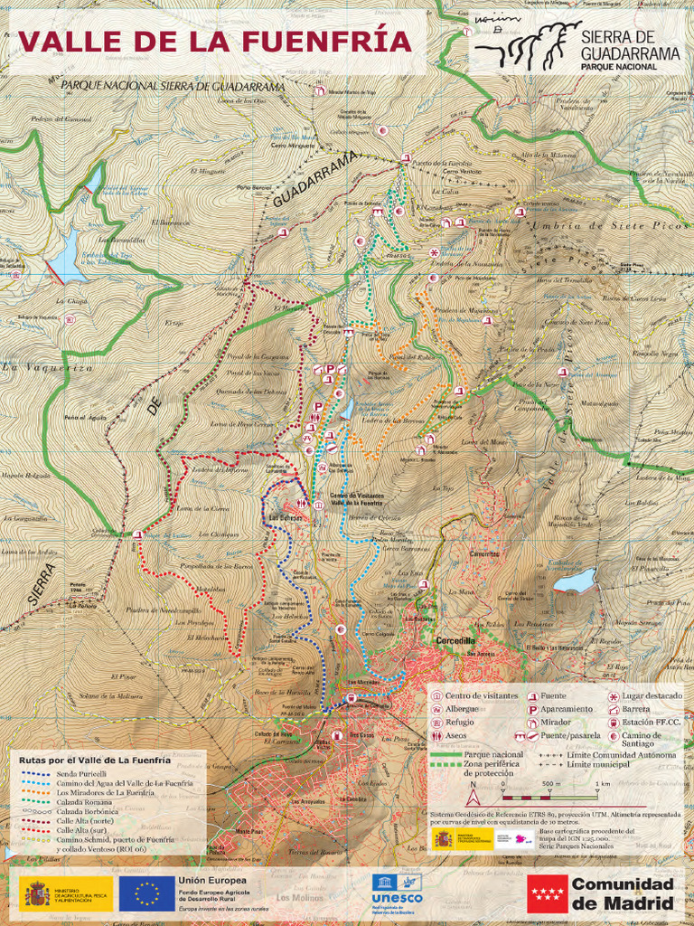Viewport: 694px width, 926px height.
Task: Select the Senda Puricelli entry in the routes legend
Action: click(x=82, y=774)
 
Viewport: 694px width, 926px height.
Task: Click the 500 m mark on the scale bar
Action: click(x=550, y=784)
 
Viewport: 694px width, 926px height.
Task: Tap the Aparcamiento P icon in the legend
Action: click(x=530, y=710)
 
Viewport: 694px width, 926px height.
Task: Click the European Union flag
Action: click(x=146, y=893)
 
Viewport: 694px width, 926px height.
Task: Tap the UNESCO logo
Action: click(x=397, y=892)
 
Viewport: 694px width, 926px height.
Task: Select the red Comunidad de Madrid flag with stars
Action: click(x=547, y=893)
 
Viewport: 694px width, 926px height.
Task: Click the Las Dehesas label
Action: click(x=285, y=518)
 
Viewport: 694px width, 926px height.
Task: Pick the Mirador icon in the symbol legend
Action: click(x=530, y=723)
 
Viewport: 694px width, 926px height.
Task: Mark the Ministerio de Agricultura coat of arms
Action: click(x=36, y=893)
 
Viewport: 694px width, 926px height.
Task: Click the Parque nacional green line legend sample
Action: click(x=445, y=753)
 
